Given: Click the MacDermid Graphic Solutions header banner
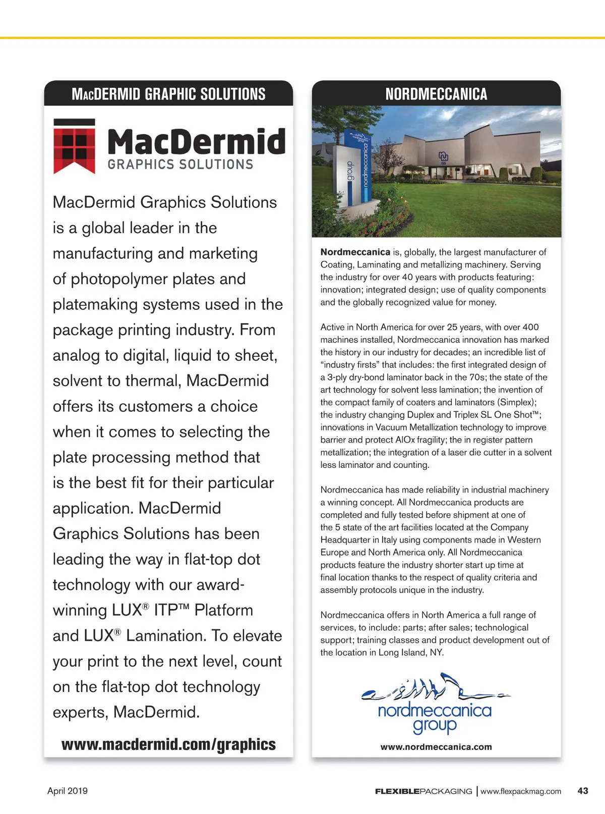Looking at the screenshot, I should [168, 94].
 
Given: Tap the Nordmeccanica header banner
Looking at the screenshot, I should [436, 94].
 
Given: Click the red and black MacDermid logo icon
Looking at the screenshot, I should [74, 146].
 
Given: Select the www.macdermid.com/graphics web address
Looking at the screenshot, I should [168, 744].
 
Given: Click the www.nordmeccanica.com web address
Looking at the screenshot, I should [436, 747].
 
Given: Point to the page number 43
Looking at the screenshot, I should [582, 791].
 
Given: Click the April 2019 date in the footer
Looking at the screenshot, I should [68, 791].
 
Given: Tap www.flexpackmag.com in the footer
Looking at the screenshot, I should [520, 791].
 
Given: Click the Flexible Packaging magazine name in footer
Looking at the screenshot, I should [423, 791].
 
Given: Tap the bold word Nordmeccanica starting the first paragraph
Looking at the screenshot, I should [355, 252].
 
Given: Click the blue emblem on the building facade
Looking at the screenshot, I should [443, 157].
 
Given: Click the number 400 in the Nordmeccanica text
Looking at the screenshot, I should [530, 327].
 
